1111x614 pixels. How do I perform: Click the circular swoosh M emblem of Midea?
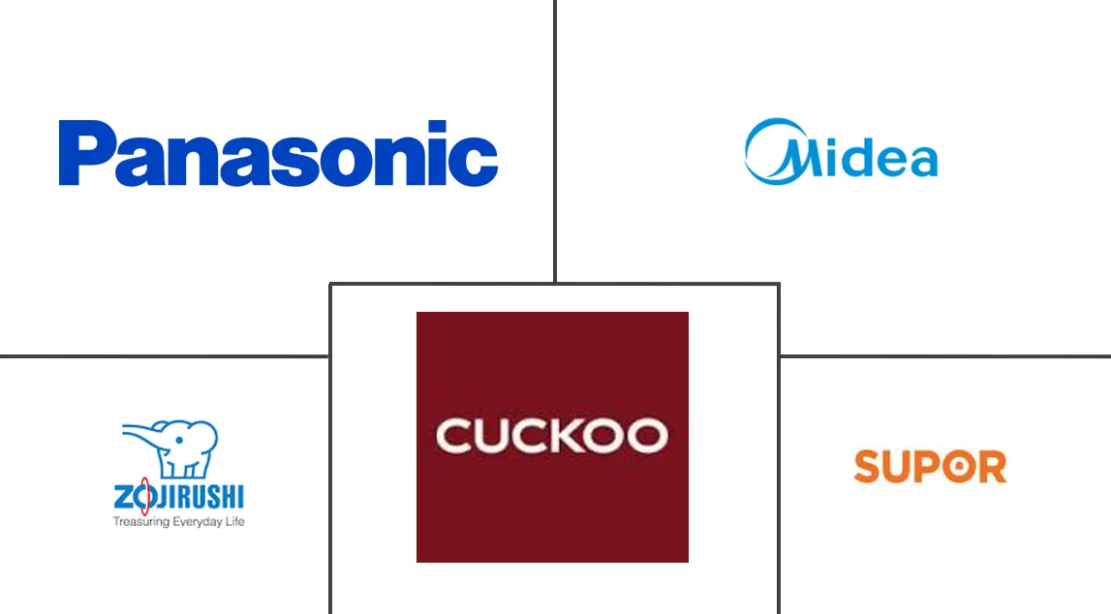point(777,151)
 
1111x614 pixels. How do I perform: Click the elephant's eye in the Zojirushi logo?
point(180,439)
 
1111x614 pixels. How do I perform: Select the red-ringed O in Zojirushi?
point(143,497)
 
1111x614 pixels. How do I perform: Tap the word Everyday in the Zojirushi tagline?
point(198,522)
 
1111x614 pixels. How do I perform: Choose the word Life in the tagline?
point(234,521)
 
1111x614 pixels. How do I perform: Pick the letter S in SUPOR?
point(870,467)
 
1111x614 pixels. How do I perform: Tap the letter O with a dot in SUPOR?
point(959,467)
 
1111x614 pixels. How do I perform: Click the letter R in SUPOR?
point(992,467)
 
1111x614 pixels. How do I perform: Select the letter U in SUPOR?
point(901,467)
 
